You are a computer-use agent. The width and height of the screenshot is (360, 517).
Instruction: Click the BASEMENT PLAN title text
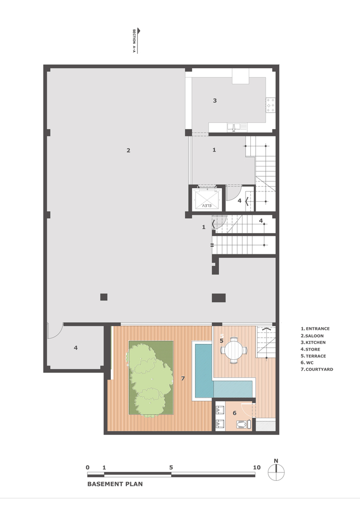[x=115, y=484]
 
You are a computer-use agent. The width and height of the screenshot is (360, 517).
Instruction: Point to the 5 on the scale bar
[x=171, y=467]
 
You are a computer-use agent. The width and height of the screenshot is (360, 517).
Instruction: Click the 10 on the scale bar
[x=257, y=467]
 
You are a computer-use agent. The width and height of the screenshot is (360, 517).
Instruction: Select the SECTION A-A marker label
[x=134, y=41]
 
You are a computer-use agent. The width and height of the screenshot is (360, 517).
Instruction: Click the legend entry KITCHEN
[x=313, y=342]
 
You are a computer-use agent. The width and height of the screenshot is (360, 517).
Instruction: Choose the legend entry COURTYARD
[x=317, y=369]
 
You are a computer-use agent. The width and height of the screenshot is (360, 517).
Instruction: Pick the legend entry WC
[x=307, y=362]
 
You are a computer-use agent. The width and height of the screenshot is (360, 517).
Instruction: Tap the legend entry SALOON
[x=312, y=336]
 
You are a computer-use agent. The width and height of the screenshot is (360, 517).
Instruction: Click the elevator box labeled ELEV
[x=207, y=199]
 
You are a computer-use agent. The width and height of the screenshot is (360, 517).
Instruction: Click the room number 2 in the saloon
[x=128, y=150]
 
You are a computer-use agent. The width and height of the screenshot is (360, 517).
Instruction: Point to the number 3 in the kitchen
[x=215, y=101]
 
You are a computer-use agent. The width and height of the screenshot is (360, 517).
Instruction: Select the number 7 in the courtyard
[x=183, y=378]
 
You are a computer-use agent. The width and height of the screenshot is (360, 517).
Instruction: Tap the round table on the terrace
[x=234, y=350]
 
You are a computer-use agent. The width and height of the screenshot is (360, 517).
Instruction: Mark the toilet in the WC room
[x=243, y=424]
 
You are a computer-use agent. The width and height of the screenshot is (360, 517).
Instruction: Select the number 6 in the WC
[x=234, y=413]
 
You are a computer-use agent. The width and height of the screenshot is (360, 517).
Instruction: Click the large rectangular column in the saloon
[x=219, y=298]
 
